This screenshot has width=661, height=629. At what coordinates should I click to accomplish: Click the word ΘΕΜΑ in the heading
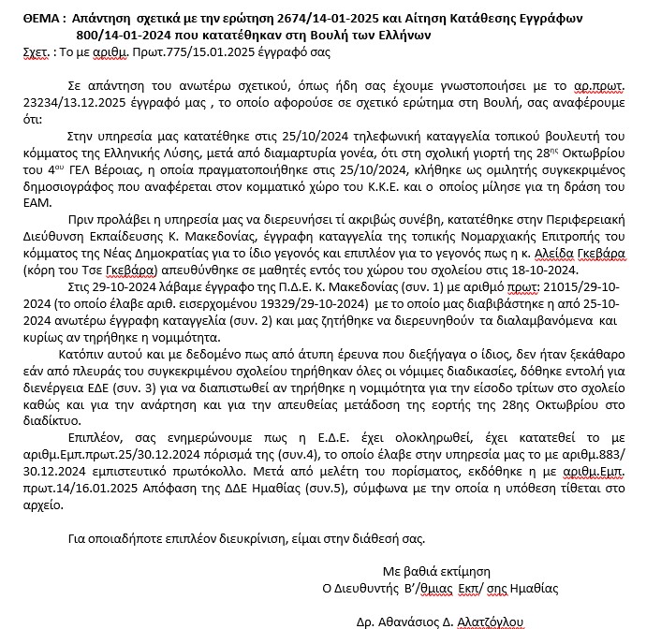(x=40, y=20)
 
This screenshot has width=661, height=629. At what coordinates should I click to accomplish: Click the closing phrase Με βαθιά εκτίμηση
(x=436, y=571)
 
